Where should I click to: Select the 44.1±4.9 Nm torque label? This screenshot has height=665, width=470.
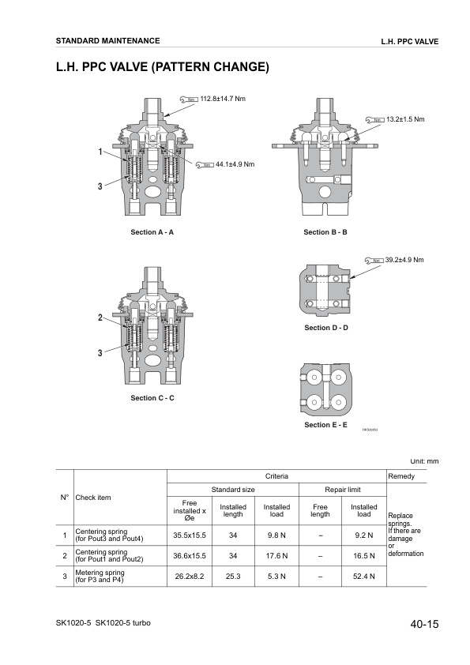coord(235,164)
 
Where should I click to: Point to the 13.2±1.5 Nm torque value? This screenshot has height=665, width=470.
coord(405,118)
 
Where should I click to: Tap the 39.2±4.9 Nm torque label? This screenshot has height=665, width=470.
coord(404,259)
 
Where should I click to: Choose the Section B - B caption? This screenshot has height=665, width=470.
coord(325,232)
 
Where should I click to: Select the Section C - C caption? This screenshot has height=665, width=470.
coord(152,398)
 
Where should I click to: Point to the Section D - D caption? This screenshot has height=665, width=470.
coord(325,328)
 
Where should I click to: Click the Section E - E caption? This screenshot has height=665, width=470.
coord(325,425)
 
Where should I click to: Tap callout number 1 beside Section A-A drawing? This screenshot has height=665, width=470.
coord(100,151)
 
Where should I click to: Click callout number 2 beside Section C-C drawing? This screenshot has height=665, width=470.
coord(100,317)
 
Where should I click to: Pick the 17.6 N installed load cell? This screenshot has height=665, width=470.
coord(276,555)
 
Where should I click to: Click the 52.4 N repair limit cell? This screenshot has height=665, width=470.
coord(363,577)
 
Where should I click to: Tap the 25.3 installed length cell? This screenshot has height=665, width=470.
coord(232,577)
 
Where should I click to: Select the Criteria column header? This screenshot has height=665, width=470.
coord(276,476)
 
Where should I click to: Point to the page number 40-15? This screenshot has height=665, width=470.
coord(424,625)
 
